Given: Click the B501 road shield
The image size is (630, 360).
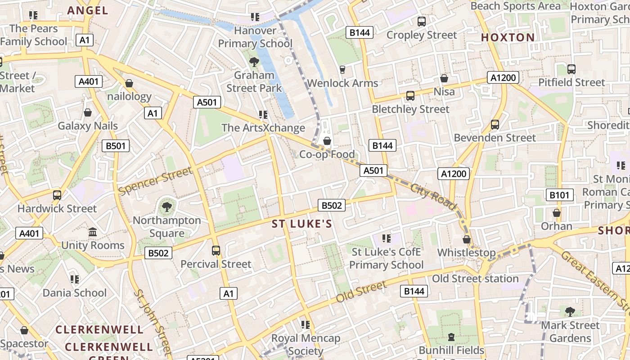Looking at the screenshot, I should tap(116, 146).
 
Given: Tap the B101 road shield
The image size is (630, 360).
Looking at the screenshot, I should tap(560, 195).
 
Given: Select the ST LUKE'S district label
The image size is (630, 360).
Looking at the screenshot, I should tap(302, 224).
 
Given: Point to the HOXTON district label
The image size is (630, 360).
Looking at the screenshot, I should tap(508, 37).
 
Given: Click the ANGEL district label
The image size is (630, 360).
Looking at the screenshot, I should tap(88, 10).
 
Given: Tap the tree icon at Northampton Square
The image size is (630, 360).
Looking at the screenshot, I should tap(166, 207).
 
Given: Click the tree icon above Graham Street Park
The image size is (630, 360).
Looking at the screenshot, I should tap(254, 62).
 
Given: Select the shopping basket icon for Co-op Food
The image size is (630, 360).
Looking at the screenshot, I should tap(327, 141).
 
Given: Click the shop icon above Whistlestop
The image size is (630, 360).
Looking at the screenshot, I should tap(467, 239).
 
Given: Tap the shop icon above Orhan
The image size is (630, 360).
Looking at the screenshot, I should tap(557, 213).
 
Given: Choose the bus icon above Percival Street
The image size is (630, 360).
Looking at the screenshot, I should tap(216, 250).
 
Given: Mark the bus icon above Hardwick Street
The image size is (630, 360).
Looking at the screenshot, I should tap(57, 195).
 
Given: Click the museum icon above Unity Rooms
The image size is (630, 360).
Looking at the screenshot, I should tap(93, 232).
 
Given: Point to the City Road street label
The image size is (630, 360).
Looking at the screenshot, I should tap(433, 196).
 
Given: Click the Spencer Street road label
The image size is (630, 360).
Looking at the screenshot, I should tap(155, 181).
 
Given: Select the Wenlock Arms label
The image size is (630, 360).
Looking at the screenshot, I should tap(342, 83).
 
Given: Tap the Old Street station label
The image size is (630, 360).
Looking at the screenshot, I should tap(475, 279).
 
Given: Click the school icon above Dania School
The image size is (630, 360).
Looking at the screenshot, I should tap(75, 279).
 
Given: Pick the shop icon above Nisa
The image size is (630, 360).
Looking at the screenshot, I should tap(444, 79).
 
